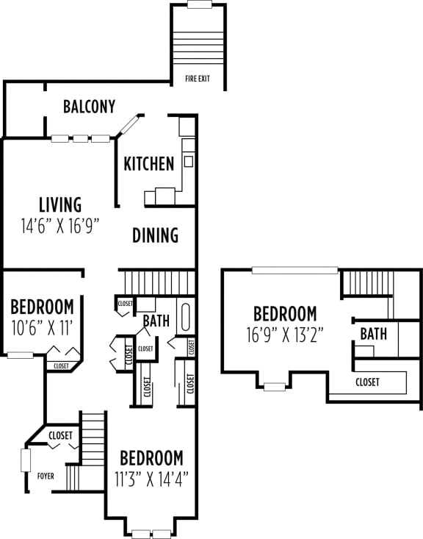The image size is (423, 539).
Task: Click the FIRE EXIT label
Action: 198,77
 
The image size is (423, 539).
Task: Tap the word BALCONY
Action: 89,107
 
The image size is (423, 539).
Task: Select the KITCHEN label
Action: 148,163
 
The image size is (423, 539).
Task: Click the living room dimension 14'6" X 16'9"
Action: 60,226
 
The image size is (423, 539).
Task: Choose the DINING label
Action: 156,235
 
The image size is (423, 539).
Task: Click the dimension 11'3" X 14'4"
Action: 151,479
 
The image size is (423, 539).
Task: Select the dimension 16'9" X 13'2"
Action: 286,335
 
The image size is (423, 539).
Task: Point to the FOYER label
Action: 46,476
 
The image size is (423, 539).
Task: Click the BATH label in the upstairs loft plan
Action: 373,334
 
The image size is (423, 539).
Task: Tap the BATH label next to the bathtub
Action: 156,321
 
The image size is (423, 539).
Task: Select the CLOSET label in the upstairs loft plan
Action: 367,382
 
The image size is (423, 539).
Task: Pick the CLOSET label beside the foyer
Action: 60,435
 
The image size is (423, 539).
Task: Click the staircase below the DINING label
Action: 157,282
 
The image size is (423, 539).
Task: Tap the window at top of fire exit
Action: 199,4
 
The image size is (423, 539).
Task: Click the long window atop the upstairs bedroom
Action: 286,270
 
